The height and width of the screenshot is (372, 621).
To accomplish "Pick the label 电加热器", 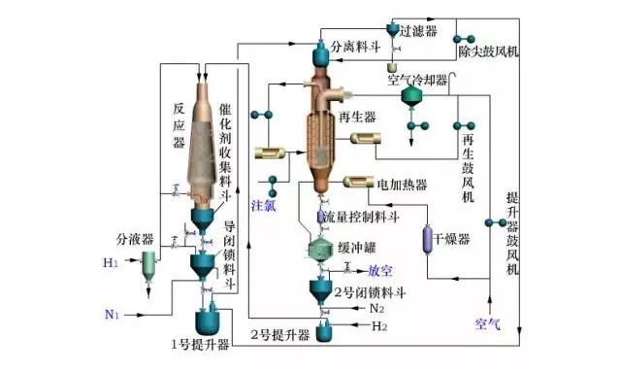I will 401,184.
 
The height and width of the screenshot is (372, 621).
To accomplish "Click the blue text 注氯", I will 264,206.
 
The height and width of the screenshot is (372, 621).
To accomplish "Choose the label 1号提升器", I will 197,344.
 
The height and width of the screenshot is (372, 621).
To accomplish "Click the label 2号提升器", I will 279,335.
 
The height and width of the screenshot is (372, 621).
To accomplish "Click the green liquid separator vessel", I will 148,263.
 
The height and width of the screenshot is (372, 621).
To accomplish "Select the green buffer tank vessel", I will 321,248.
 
